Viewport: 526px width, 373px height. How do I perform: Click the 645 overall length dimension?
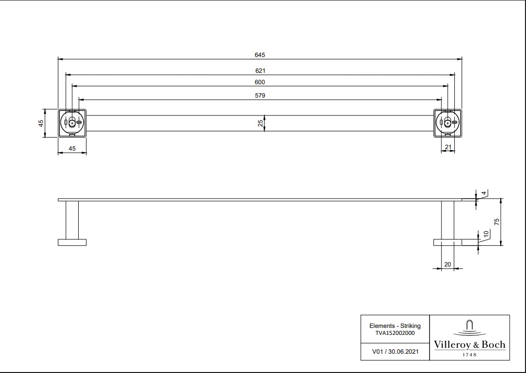pos(260,55)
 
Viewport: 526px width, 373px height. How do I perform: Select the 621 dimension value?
pos(260,71)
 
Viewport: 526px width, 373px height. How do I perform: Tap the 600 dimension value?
pos(260,82)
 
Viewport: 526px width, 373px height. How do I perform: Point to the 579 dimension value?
pos(260,96)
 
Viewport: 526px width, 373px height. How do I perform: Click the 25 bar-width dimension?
pos(260,123)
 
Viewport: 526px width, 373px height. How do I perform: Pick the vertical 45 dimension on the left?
pos(42,123)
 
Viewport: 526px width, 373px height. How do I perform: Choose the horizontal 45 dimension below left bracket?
pos(72,148)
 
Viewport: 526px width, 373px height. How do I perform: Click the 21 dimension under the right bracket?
pos(448,147)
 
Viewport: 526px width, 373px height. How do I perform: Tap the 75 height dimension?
pos(497,221)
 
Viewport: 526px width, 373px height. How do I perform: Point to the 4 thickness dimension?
pos(483,192)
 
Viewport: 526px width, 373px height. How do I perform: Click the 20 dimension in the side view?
pos(447,265)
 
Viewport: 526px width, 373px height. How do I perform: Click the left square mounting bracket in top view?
pos(72,123)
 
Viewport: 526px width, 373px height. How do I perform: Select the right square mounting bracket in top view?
pos(447,123)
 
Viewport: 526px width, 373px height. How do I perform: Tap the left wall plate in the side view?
pos(72,242)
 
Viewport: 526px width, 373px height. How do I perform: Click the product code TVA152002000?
pos(395,333)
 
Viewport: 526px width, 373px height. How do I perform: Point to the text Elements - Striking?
pos(395,326)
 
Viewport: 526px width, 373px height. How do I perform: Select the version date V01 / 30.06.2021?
pos(395,352)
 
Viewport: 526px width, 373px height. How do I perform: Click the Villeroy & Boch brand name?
pos(470,345)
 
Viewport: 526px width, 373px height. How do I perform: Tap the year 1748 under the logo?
pos(470,355)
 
